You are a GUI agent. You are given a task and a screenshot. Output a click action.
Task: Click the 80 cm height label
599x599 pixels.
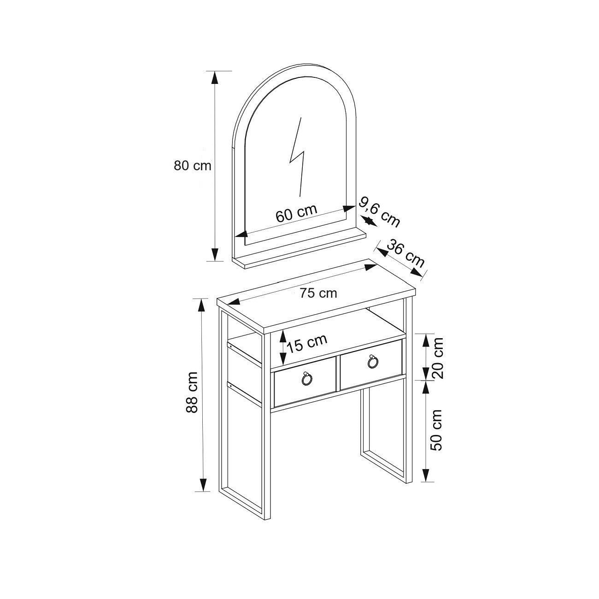coord(192,165)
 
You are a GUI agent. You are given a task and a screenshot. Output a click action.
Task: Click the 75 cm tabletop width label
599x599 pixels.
coord(318,293)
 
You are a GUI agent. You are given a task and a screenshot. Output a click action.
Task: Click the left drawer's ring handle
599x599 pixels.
coord(305,379)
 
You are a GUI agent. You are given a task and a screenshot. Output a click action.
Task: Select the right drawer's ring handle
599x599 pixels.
coord(373,362)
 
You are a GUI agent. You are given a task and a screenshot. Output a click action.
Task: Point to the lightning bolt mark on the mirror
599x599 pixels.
coord(297,157)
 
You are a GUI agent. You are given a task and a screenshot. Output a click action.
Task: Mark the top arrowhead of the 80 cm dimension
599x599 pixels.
coord(214,77)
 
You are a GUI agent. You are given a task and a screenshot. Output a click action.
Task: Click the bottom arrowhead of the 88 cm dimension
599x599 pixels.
coord(202,485)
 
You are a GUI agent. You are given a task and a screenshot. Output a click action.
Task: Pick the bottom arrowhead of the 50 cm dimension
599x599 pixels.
coord(426,475)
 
